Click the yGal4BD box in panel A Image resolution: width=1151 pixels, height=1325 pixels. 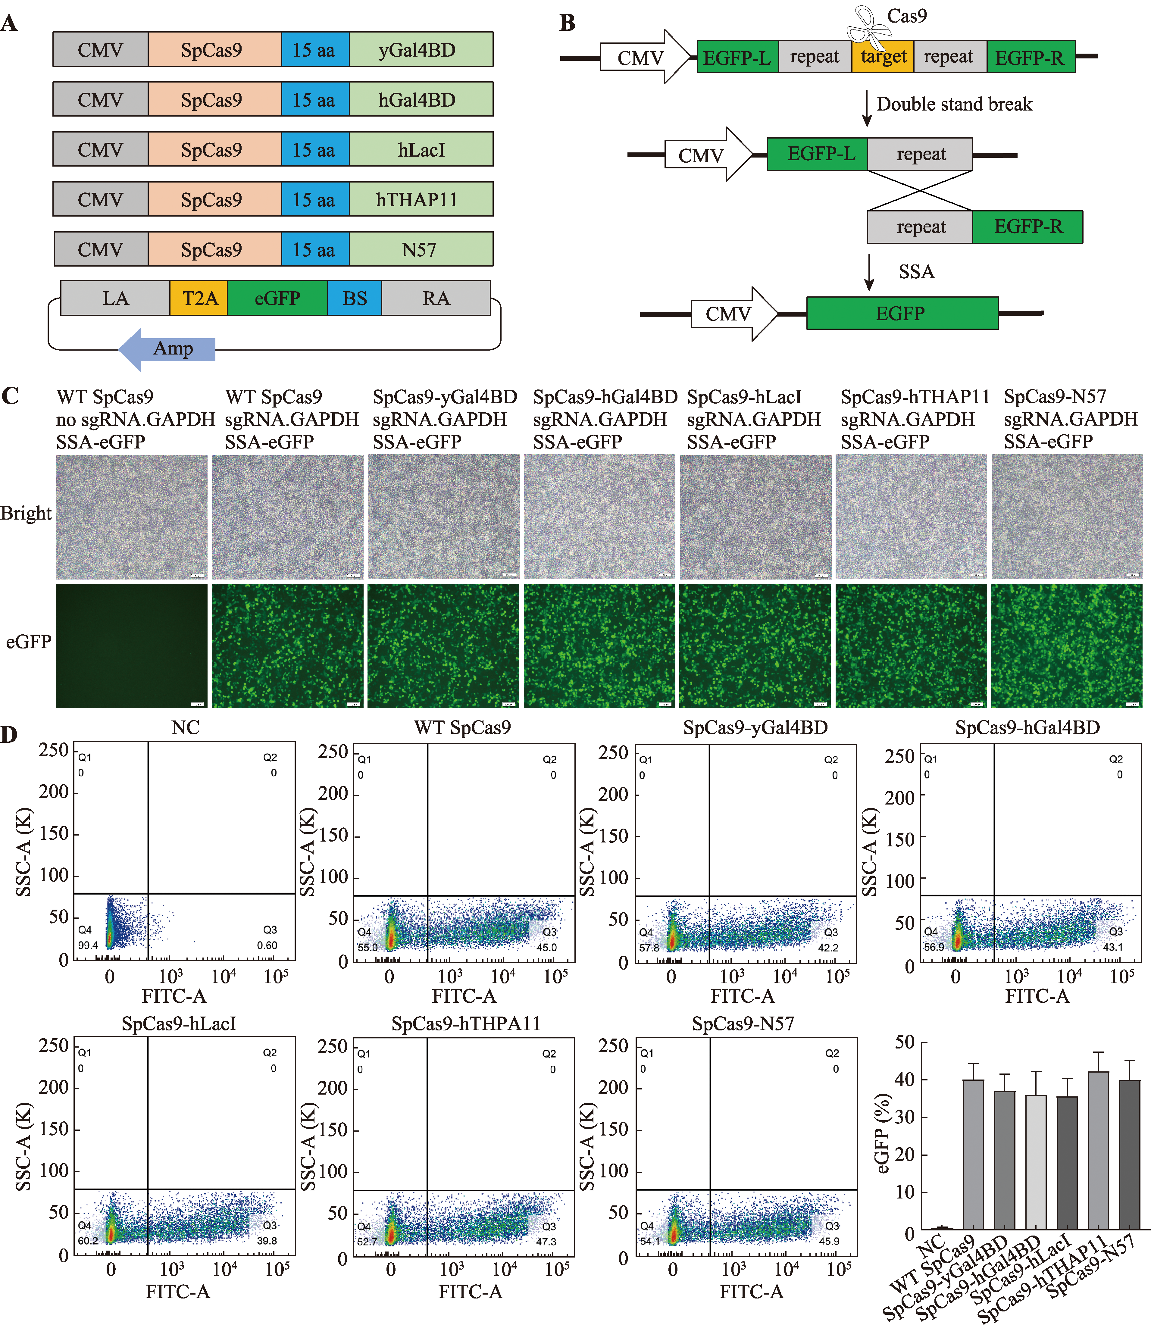421,49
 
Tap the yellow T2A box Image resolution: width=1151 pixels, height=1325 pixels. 199,299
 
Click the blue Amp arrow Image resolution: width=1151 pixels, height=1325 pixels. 168,349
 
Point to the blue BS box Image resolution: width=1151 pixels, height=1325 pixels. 355,299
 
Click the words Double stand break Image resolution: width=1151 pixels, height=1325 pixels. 954,104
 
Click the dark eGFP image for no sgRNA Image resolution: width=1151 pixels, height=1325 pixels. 132,645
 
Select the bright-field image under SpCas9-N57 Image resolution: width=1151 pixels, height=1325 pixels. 1066,517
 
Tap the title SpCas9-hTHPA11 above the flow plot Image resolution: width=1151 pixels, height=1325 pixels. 466,1023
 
